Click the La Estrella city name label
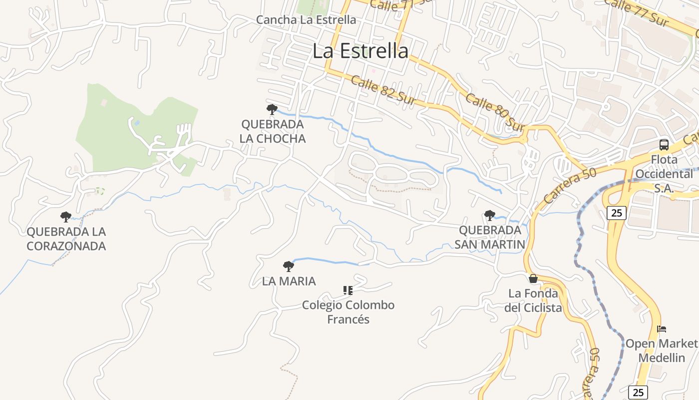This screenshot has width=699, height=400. tap(360, 51)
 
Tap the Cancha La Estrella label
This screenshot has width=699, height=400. tap(306, 20)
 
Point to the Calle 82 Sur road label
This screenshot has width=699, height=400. tap(383, 90)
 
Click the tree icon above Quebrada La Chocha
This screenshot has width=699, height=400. tap(272, 109)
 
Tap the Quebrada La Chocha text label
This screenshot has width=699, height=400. tap(273, 131)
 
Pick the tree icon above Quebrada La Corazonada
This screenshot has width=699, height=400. tap(66, 217)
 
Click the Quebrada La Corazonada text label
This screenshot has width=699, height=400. tap(66, 239)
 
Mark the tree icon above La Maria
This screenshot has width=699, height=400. tap(289, 266)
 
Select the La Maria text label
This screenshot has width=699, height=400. tap(289, 281)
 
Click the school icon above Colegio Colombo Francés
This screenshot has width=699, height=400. tap(348, 290)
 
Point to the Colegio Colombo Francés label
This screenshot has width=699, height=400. tap(349, 312)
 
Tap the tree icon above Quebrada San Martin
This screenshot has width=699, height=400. tap(490, 215)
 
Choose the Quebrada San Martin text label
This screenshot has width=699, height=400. tap(490, 237)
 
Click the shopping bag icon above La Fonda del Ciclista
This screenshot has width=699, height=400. tap(533, 278)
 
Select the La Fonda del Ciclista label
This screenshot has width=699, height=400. tap(533, 300)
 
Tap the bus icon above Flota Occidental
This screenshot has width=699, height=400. tap(664, 145)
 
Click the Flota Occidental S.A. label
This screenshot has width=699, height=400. tap(664, 174)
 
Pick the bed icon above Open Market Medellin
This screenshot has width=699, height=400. tap(662, 329)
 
